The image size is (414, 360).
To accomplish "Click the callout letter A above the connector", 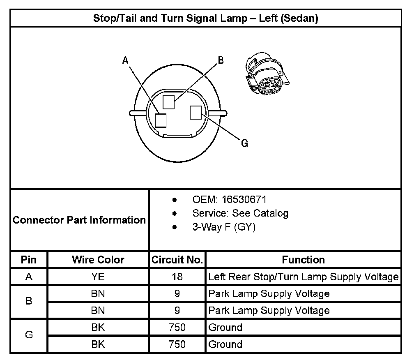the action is click(x=126, y=60).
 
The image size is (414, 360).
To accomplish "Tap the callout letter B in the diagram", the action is click(x=221, y=60).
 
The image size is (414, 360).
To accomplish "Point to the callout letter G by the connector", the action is click(x=244, y=143).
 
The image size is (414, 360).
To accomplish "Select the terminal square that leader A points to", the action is click(x=161, y=120).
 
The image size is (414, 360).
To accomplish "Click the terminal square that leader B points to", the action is click(x=168, y=102).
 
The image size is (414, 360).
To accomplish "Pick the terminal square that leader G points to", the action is click(x=195, y=112).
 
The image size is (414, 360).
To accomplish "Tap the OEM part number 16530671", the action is click(x=244, y=200).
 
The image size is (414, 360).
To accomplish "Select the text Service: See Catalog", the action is click(x=240, y=213).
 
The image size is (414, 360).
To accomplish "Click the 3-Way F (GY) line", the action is click(x=224, y=227).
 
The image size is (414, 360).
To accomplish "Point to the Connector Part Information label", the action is click(x=79, y=220).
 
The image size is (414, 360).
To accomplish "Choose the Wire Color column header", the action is click(x=98, y=260).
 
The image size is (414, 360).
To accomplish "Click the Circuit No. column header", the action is click(x=177, y=260).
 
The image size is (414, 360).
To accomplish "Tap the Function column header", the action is click(x=303, y=260).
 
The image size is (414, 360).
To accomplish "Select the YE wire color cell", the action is click(x=98, y=277).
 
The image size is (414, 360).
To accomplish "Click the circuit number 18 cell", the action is click(x=177, y=277).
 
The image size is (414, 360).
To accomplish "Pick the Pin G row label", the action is click(x=29, y=335).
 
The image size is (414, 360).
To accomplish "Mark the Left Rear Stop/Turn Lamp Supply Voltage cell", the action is click(x=303, y=277).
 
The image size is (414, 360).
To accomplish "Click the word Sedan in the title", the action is click(x=301, y=18).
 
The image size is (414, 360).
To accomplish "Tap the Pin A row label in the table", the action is click(x=29, y=277).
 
